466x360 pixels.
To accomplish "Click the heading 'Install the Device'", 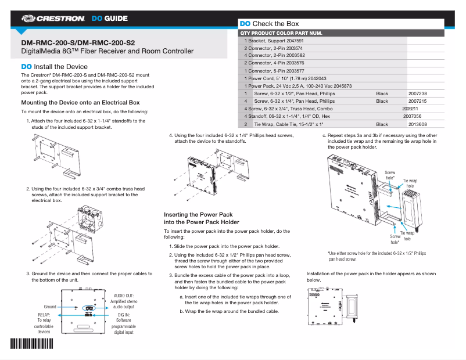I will tap(55, 67).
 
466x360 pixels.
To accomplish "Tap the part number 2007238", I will tap(417, 93).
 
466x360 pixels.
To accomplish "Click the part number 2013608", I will tap(417, 124).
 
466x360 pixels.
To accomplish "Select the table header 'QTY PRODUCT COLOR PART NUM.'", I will tap(281, 33).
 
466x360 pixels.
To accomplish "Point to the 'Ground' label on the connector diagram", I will tap(50, 307).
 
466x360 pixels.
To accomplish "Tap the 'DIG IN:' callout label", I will tap(123, 314).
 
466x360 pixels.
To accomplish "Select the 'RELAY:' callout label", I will tap(44, 314).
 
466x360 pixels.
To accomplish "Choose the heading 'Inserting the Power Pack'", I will tap(198, 214).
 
